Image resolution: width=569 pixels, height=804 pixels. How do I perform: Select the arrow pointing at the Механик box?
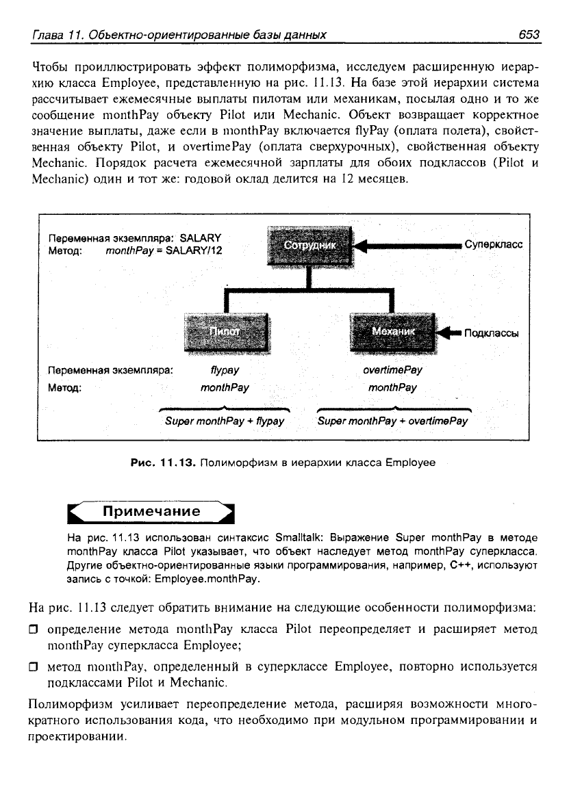click(448, 333)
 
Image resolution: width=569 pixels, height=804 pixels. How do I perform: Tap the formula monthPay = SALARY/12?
click(164, 250)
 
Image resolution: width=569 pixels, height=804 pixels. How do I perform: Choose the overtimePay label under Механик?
click(392, 370)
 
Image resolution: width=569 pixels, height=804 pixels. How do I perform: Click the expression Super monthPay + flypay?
click(225, 421)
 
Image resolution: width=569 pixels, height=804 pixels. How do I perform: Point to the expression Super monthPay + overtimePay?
click(393, 421)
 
